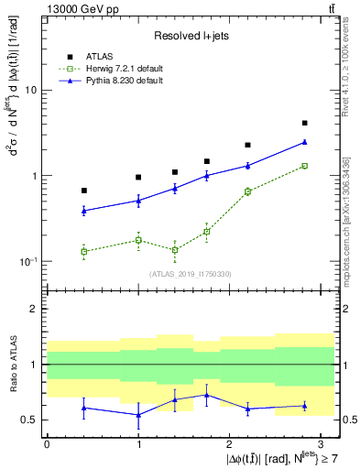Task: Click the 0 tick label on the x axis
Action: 47,442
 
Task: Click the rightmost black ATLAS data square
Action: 304,123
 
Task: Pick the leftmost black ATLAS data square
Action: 84,191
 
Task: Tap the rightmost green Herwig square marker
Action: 304,166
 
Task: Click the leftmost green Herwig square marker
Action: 84,251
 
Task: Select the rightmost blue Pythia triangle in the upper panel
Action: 304,142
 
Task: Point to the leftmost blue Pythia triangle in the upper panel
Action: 84,211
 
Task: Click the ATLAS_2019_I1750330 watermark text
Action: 191,274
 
